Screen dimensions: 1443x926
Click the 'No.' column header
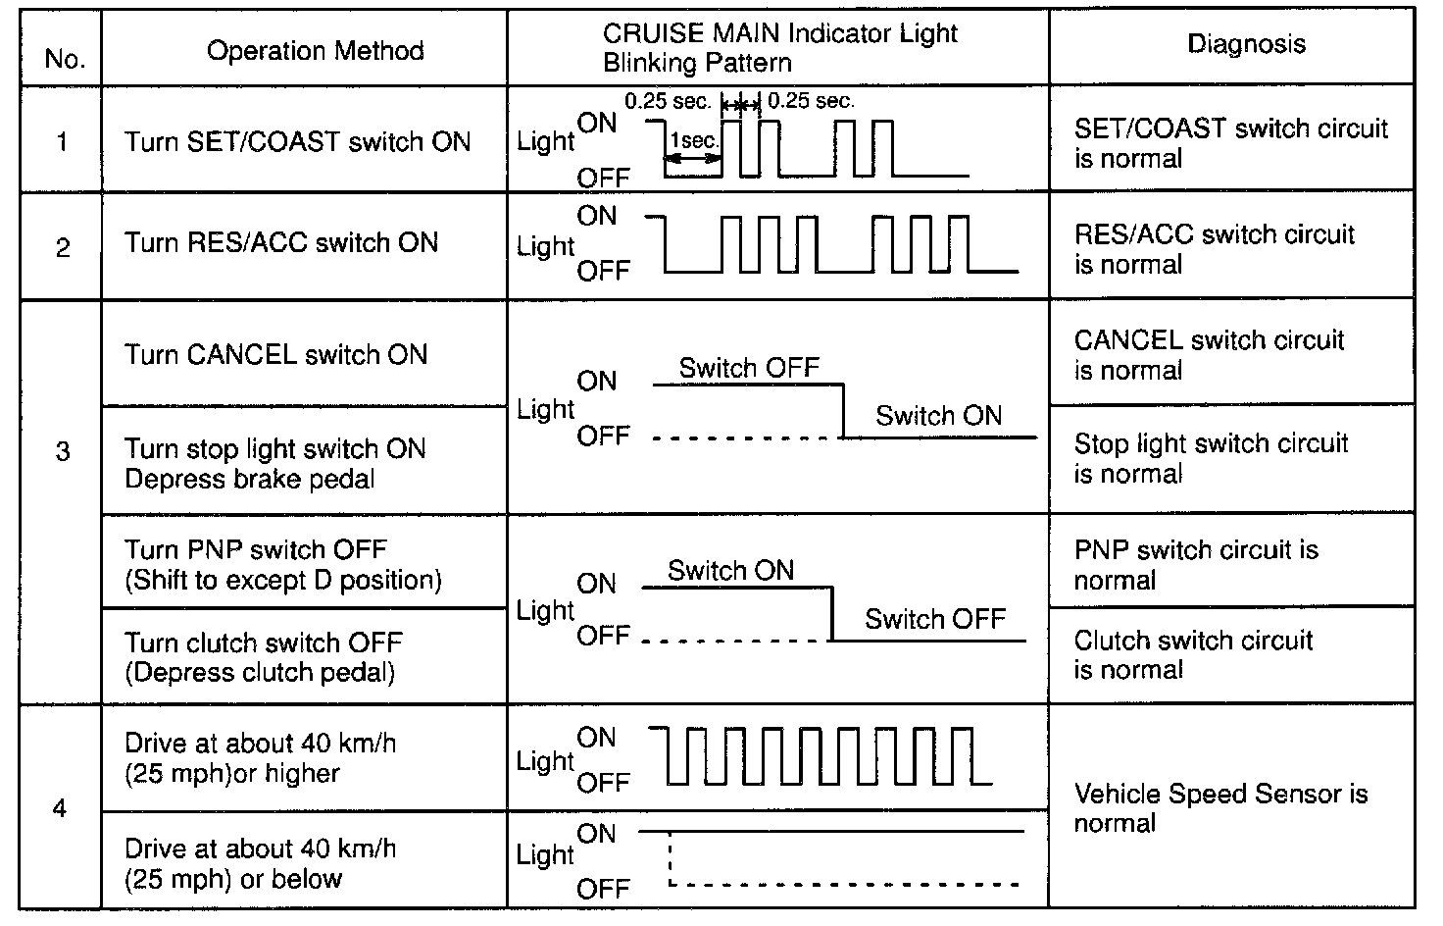click(64, 59)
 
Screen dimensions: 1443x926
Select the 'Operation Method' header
click(315, 51)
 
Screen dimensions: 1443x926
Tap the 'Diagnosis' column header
click(1246, 43)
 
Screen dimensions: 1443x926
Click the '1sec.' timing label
click(694, 141)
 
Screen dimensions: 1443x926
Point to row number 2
click(63, 247)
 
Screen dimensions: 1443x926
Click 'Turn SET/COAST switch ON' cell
click(297, 142)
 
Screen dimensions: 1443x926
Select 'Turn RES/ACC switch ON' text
click(280, 243)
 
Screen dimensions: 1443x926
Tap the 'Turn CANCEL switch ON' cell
click(275, 354)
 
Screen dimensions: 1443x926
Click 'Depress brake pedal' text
click(250, 480)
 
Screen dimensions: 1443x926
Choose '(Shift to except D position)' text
click(283, 580)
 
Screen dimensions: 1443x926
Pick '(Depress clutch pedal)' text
click(260, 673)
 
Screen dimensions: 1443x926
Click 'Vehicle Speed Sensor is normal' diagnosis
click(1220, 807)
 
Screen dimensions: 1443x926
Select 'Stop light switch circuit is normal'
click(1211, 458)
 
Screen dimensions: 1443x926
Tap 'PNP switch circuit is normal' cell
click(1196, 564)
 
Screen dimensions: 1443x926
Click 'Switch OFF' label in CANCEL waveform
click(749, 368)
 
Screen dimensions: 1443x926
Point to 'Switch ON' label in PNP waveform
click(730, 571)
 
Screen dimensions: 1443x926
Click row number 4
click(61, 809)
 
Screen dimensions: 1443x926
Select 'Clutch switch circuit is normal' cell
click(1193, 654)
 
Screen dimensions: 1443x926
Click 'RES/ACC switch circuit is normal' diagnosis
click(1214, 249)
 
